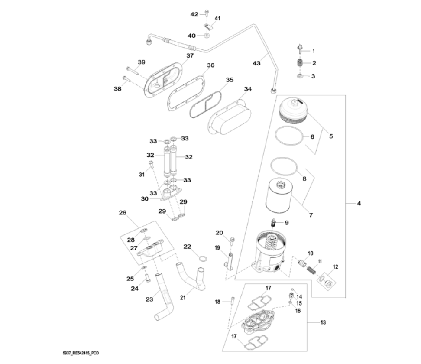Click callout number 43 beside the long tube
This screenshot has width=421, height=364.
click(x=257, y=64)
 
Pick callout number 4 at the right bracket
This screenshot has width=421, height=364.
click(x=359, y=203)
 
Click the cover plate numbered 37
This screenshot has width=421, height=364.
click(x=162, y=81)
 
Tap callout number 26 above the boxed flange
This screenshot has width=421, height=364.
click(x=123, y=213)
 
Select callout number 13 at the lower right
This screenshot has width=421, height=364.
click(x=323, y=322)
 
